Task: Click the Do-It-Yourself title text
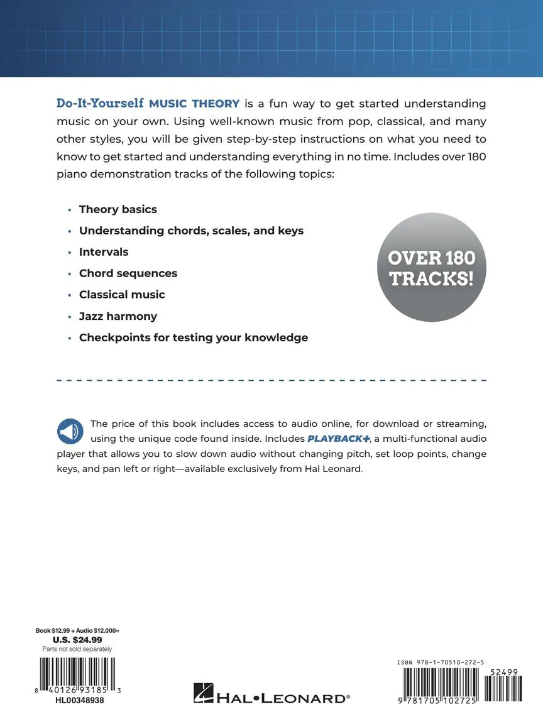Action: click(x=100, y=103)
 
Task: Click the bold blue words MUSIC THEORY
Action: click(x=194, y=104)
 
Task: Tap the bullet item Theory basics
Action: click(x=118, y=209)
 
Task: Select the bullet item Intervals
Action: click(x=104, y=252)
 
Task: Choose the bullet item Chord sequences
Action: click(x=128, y=273)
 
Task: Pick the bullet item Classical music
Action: click(x=122, y=295)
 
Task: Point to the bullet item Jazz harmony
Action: click(x=118, y=316)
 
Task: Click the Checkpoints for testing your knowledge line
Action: click(x=193, y=337)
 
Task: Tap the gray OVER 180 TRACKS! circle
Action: click(x=431, y=268)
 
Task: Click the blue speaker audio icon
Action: click(x=70, y=431)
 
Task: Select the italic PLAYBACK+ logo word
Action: click(x=338, y=438)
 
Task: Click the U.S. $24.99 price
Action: click(x=77, y=640)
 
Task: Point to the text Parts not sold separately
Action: click(x=77, y=649)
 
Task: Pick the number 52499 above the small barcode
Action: click(x=502, y=672)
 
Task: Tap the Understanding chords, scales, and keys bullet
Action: click(x=191, y=231)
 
